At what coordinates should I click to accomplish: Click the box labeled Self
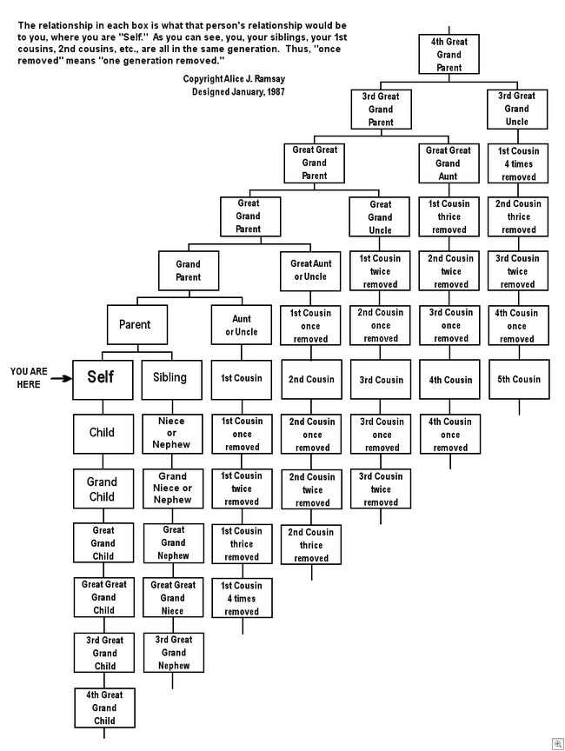[103, 378]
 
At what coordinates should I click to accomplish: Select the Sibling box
[171, 378]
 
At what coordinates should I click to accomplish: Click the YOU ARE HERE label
[29, 377]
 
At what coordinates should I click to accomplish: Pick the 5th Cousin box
[520, 379]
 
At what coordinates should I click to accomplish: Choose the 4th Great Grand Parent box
[449, 55]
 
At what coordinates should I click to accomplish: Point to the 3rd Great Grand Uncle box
[516, 109]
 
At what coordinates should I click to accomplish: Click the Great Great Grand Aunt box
[449, 163]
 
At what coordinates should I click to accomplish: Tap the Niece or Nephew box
[171, 433]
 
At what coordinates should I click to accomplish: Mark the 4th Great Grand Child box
[103, 708]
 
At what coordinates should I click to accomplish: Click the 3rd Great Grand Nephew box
[173, 653]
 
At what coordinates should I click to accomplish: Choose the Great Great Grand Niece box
[173, 597]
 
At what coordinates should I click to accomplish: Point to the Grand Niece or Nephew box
[172, 488]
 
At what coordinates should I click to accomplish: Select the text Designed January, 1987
[238, 91]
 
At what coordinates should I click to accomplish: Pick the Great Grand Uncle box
[380, 216]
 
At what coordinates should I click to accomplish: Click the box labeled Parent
[134, 324]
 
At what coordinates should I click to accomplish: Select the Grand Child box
[103, 488]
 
